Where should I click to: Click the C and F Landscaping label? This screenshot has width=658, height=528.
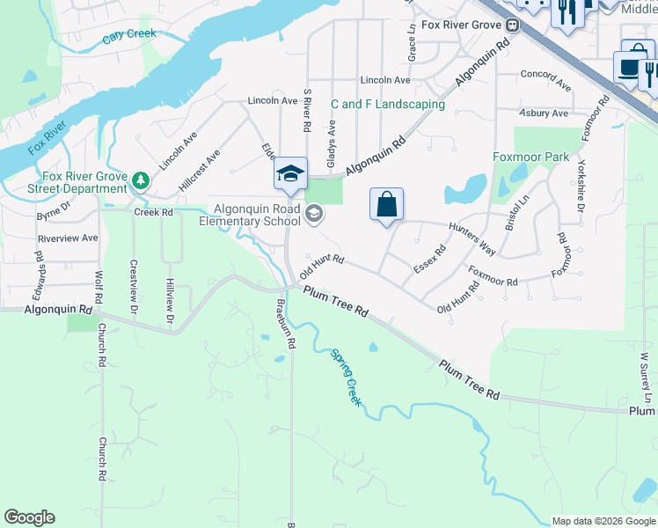(388, 104)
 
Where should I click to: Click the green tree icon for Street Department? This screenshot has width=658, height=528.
(140, 180)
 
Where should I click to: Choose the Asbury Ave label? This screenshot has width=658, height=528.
(545, 113)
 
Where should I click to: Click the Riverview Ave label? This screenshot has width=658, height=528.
(68, 238)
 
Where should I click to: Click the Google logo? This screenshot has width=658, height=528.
(29, 517)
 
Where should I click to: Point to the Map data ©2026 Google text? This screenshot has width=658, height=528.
(603, 521)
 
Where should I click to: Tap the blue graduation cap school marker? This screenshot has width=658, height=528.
(289, 173)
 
